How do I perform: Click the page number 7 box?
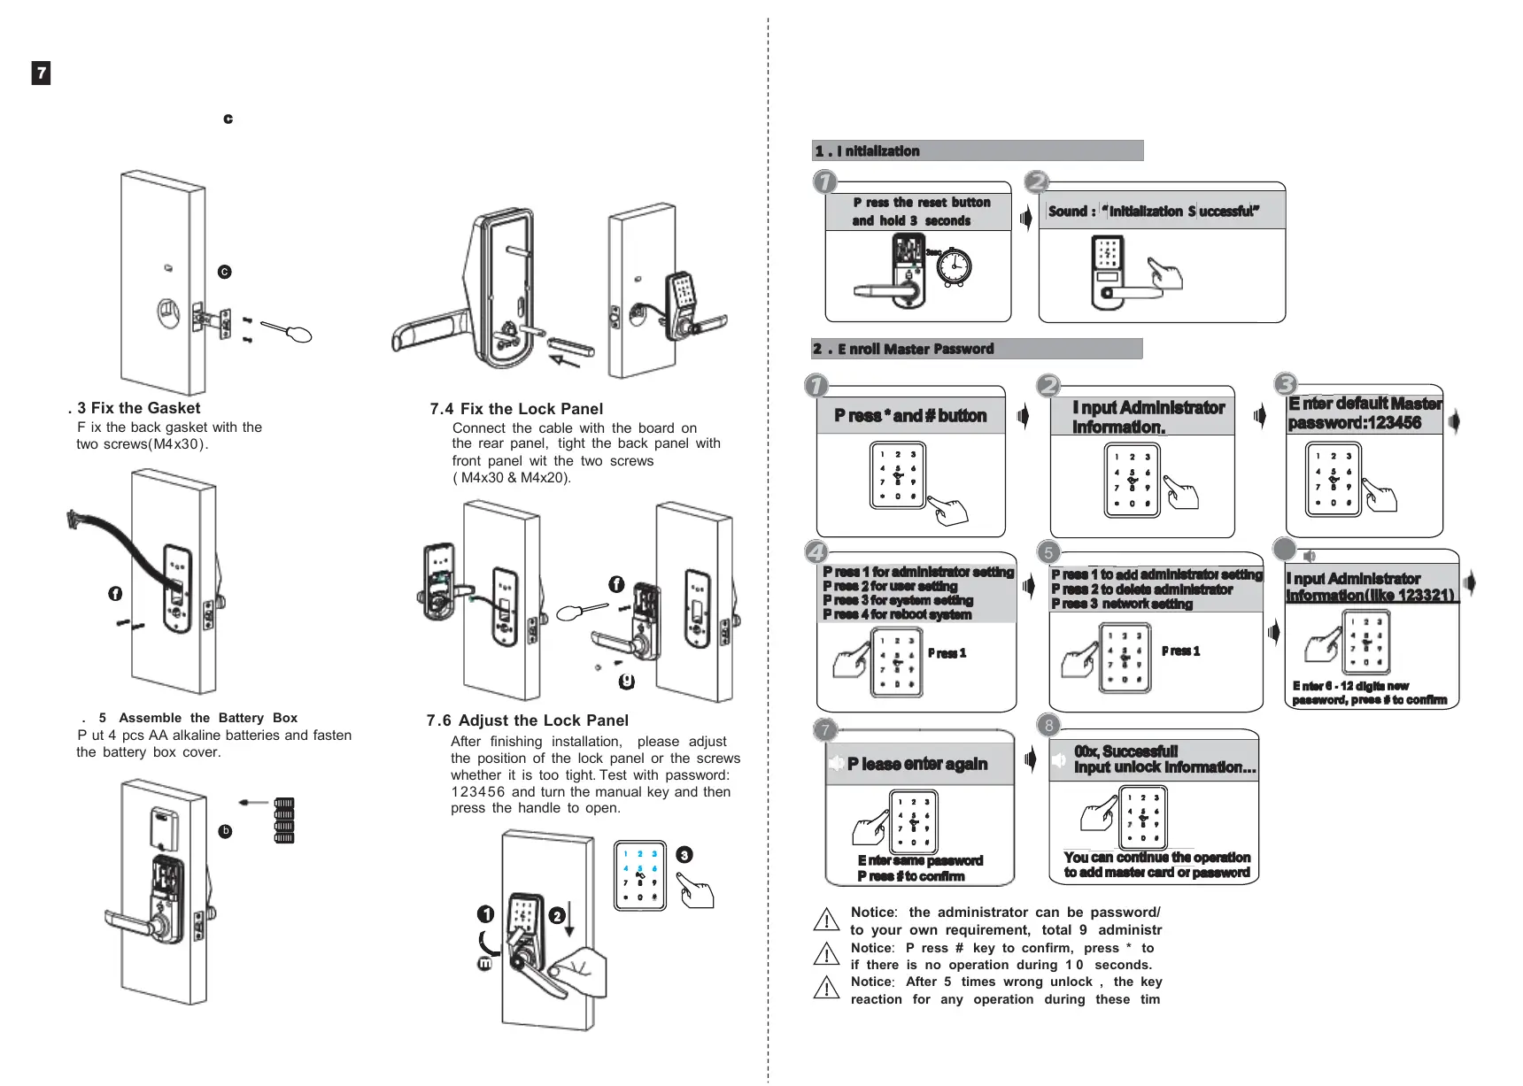[41, 73]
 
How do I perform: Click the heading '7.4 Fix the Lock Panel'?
[516, 409]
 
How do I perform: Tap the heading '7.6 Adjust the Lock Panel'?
[528, 720]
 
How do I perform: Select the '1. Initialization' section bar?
[977, 150]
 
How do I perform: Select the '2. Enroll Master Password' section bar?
[977, 349]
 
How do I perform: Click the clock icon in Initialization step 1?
[954, 266]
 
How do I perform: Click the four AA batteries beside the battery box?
[283, 820]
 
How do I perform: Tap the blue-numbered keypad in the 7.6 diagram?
[639, 875]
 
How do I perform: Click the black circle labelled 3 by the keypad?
[684, 855]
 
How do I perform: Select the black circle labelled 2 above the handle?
[557, 915]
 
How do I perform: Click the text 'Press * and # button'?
[910, 416]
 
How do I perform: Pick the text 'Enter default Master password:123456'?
[1365, 413]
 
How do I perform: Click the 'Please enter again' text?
[917, 764]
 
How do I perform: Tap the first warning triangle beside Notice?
[826, 920]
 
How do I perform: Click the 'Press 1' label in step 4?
[947, 653]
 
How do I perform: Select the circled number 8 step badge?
[1048, 725]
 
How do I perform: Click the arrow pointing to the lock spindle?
[564, 358]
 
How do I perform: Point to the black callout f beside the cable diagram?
[115, 593]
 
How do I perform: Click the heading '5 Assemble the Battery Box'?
[197, 718]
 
